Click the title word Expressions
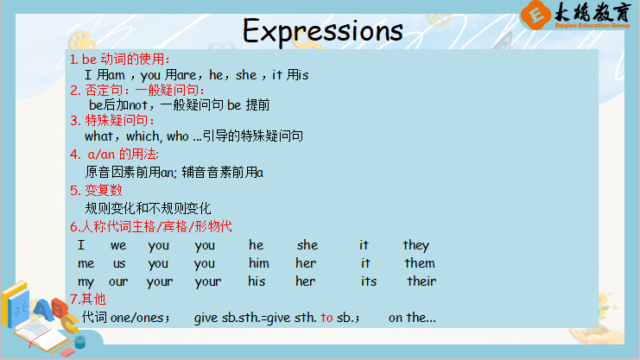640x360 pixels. [323, 31]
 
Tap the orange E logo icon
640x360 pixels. [535, 15]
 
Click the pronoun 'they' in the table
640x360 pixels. [416, 245]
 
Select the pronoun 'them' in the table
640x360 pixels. [420, 263]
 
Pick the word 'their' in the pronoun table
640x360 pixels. [421, 281]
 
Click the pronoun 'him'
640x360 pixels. [259, 263]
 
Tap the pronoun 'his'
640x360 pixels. [257, 281]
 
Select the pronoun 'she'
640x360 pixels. [307, 245]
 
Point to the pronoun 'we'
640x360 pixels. [118, 246]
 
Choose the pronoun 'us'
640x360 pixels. [119, 263]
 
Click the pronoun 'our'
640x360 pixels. [118, 281]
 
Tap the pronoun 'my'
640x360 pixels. [86, 282]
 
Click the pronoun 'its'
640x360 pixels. [369, 281]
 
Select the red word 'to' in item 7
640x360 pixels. [326, 318]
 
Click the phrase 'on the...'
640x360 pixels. [412, 318]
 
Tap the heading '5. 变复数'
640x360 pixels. [96, 190]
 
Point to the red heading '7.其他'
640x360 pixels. [88, 300]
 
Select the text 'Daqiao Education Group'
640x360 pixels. [592, 25]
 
